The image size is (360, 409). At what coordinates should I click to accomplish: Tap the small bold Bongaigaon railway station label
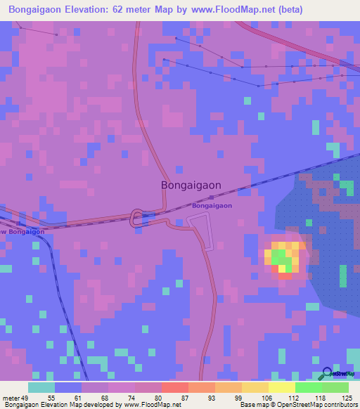212,206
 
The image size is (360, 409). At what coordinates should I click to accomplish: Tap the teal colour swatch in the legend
41,387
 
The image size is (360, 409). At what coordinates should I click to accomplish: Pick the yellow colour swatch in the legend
281,387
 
